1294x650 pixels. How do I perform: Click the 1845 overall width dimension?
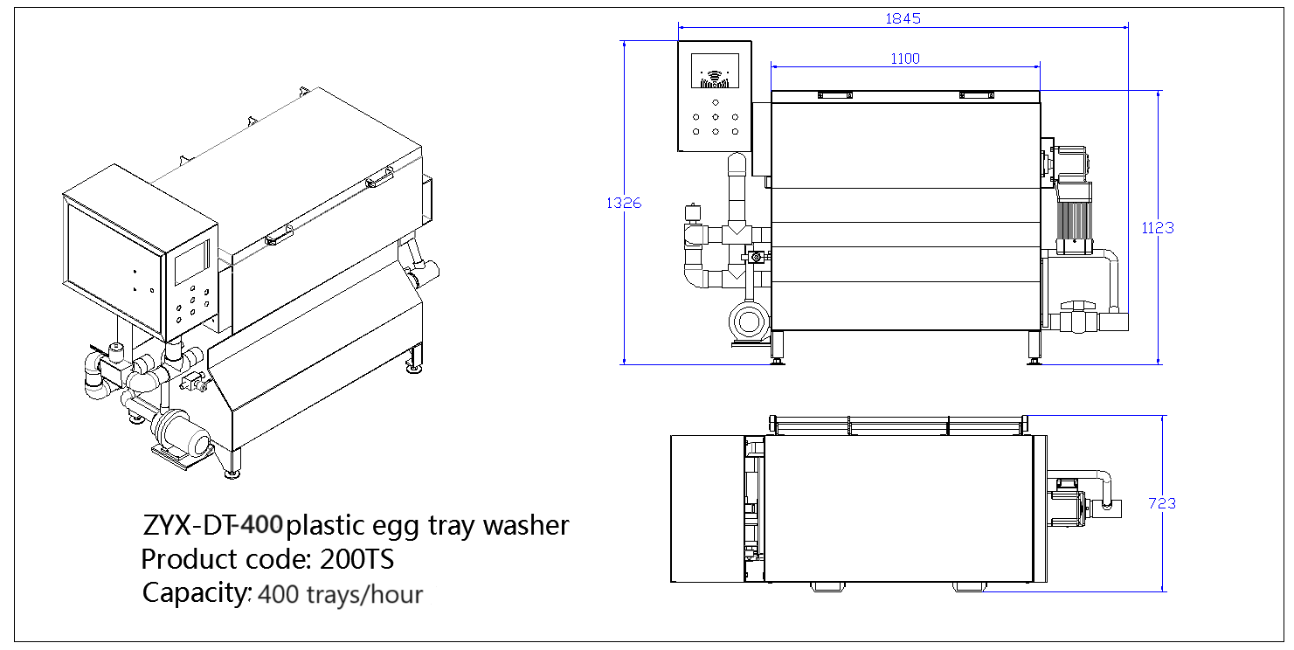[903, 18]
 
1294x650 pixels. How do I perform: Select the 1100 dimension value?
[905, 59]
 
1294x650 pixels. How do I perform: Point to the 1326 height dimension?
[624, 203]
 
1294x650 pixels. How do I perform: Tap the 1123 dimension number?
[1158, 227]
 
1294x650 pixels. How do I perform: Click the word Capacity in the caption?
[196, 592]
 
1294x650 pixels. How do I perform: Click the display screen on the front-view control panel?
[715, 73]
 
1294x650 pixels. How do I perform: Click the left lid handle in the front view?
[834, 95]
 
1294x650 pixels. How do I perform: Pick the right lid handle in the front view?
[976, 95]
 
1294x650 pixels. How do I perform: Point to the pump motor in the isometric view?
[181, 432]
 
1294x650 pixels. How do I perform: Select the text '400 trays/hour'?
[341, 595]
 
